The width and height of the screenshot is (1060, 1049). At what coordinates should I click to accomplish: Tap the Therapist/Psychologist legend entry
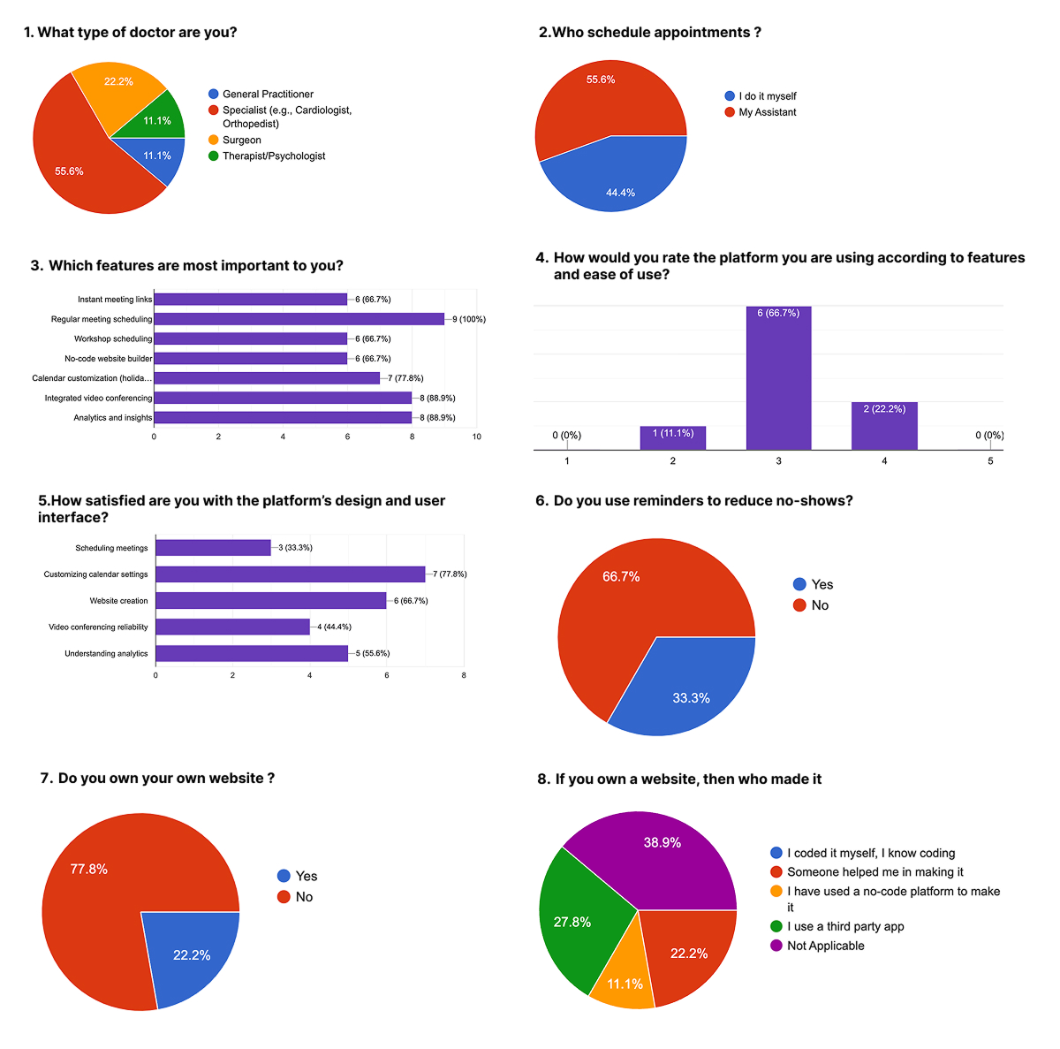(273, 156)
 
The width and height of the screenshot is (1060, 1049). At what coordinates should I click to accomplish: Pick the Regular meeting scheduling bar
(299, 319)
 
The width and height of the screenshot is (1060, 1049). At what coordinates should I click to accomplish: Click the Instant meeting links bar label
(115, 300)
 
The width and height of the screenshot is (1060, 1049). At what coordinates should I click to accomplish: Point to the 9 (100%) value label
(469, 319)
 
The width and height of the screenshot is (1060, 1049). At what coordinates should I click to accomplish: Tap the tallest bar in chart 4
(778, 380)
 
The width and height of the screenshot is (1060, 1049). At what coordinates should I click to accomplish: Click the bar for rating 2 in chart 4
(673, 438)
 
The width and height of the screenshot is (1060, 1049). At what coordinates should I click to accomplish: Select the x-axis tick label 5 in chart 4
(990, 461)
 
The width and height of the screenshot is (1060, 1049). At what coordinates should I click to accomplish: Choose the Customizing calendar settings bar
(290, 574)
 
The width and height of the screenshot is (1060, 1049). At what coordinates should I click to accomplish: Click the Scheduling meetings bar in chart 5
(213, 548)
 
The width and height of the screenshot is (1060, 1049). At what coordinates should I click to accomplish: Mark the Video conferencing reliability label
(98, 627)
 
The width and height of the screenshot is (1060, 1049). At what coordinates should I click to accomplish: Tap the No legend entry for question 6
(820, 605)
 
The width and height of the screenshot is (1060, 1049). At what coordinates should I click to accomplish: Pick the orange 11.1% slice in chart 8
(624, 977)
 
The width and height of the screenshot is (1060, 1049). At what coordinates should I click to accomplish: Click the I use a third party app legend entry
(845, 926)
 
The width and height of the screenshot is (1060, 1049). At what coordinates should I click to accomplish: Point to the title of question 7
(157, 779)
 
